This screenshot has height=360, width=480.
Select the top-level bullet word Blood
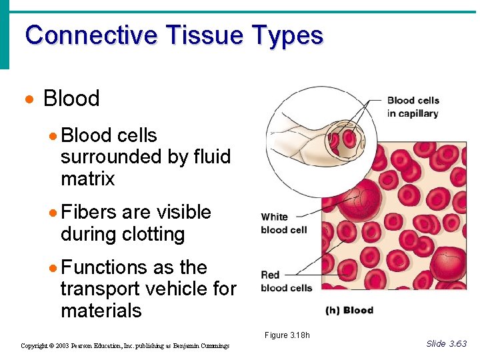[x=71, y=99]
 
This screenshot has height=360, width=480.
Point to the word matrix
[x=87, y=179]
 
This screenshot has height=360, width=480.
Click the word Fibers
[x=89, y=213]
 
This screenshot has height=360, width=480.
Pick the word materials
[x=101, y=311]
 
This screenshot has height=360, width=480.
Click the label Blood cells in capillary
[x=413, y=107]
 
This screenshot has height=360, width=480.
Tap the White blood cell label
[x=284, y=223]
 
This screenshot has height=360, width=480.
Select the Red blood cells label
[x=287, y=281]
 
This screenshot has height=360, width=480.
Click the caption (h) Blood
[x=349, y=310]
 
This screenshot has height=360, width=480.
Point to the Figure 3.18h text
[x=287, y=335]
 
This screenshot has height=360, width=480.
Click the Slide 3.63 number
[x=446, y=343]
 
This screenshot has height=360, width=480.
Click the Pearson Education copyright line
[x=125, y=346]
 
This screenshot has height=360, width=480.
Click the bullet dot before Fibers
[x=53, y=213]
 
